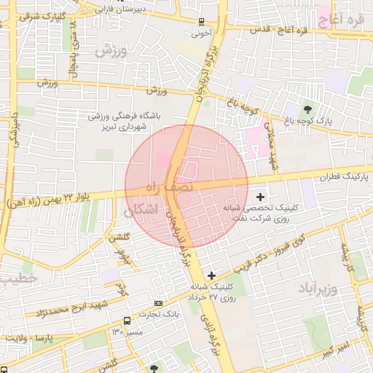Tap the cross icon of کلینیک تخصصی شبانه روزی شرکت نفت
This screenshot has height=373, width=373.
coord(261,196)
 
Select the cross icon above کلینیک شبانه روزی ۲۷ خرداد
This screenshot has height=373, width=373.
coord(212,275)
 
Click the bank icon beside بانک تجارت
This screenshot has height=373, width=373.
coord(159,303)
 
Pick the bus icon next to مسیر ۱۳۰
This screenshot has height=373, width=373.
coord(127,320)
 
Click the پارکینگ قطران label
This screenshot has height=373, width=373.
coord(345,177)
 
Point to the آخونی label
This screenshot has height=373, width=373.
coord(201,33)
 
